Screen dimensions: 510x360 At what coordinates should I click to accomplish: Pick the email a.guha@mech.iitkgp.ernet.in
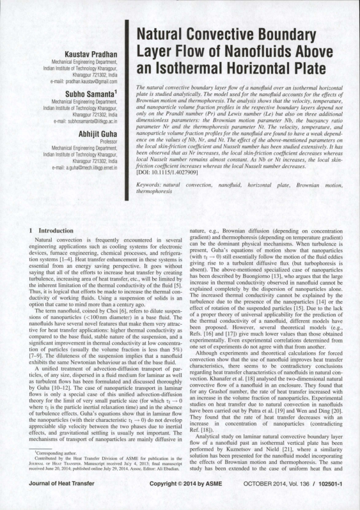pyautogui.click(x=81, y=166)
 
